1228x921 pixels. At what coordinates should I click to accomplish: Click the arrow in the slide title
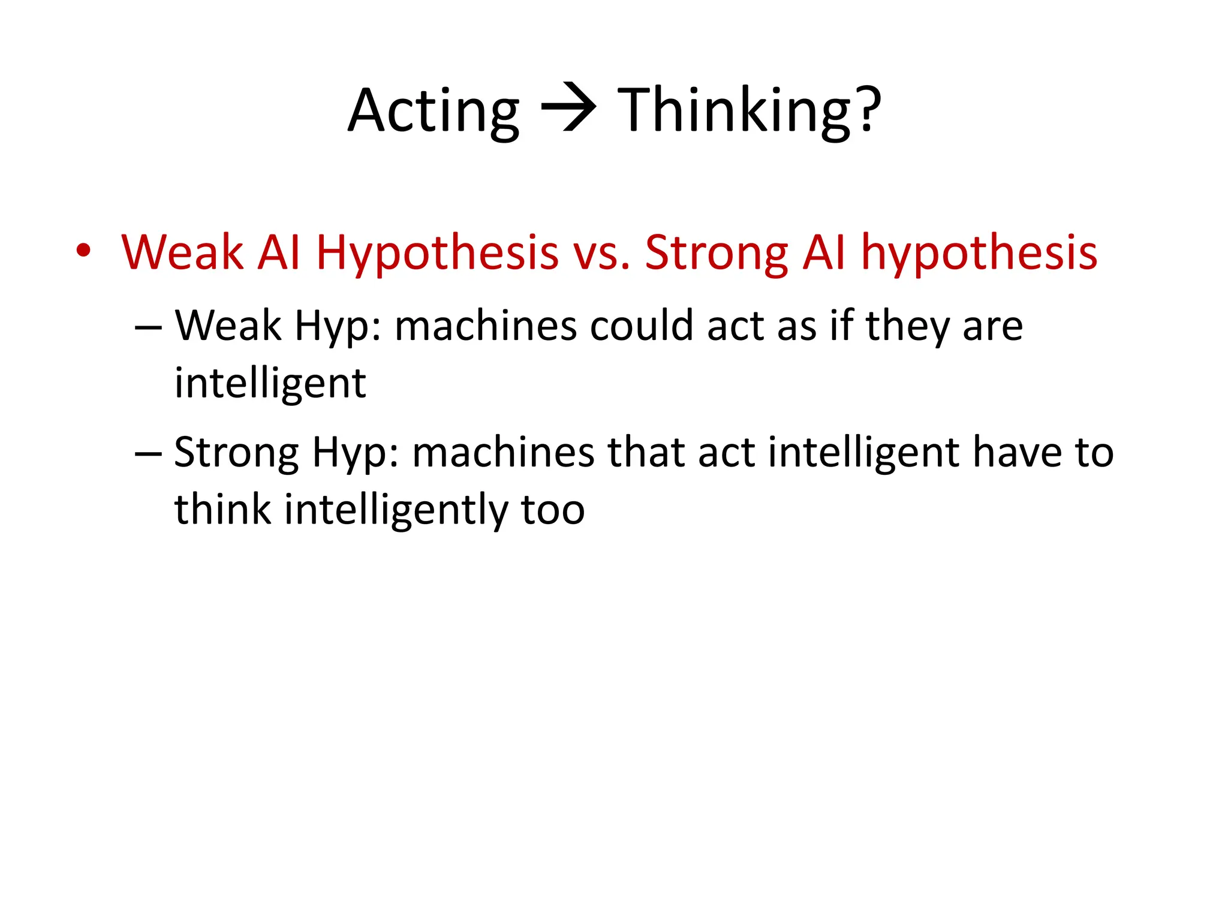pyautogui.click(x=568, y=109)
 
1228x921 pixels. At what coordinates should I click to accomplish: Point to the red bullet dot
pyautogui.click(x=84, y=251)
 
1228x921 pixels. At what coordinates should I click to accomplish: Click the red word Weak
pyautogui.click(x=182, y=252)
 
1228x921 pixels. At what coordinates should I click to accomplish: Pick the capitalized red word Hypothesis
pyautogui.click(x=437, y=254)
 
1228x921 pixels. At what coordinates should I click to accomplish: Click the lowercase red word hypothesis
pyautogui.click(x=979, y=254)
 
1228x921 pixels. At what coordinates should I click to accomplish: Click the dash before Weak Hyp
pyautogui.click(x=148, y=328)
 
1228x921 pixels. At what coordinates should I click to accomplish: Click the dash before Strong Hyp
pyautogui.click(x=148, y=454)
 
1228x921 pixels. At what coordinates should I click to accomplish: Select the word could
pyautogui.click(x=642, y=326)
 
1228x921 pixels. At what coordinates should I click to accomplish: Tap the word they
pyautogui.click(x=907, y=327)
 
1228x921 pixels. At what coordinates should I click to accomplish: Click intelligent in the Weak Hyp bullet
pyautogui.click(x=270, y=384)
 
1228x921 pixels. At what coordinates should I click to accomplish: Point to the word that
pyautogui.click(x=646, y=452)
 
